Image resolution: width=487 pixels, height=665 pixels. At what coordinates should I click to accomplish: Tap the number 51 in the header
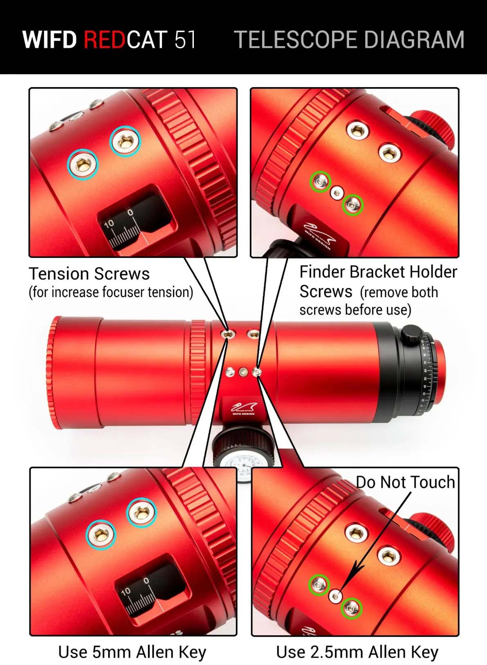pos(185,40)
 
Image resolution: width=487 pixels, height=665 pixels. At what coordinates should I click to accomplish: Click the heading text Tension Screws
pos(89,274)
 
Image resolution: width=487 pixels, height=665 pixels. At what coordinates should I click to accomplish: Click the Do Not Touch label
pos(405,482)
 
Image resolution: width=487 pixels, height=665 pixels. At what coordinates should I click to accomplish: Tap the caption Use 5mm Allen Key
pos(132,652)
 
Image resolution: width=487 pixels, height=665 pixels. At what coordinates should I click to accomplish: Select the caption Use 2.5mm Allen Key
pos(357,652)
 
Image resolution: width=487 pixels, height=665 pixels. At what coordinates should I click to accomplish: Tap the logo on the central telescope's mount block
pos(243,408)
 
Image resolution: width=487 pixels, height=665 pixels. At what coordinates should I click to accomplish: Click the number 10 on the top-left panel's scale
pos(109,224)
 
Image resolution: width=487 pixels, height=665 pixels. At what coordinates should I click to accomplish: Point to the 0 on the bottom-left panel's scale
pos(146,581)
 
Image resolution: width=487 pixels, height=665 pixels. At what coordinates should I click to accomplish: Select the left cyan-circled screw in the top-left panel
pos(83,164)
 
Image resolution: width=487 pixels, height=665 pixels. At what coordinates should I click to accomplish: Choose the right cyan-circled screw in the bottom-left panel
pos(141,512)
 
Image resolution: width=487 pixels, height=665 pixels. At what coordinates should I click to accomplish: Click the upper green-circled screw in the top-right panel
pos(320,181)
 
